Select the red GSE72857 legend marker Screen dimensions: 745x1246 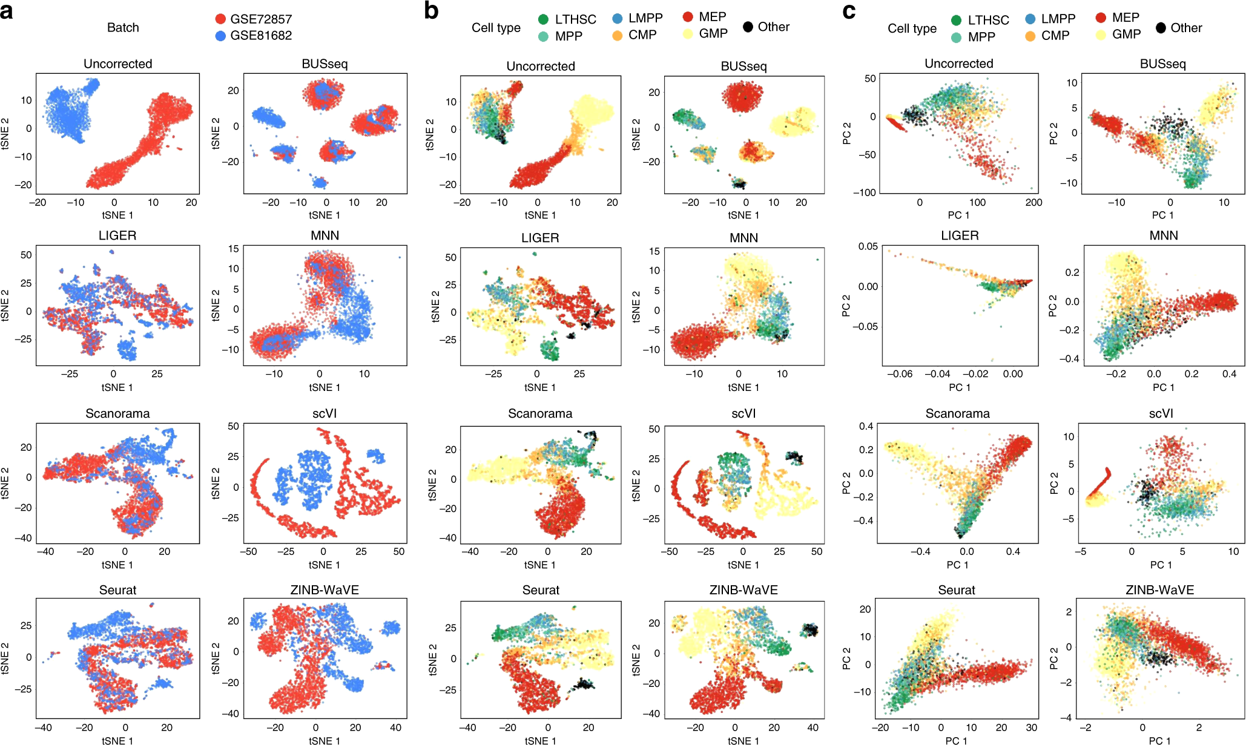[220, 19]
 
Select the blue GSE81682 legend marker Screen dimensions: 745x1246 [220, 36]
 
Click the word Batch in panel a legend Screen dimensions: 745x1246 [123, 27]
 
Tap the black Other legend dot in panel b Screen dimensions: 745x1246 [748, 27]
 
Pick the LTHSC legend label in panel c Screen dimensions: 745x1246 [988, 20]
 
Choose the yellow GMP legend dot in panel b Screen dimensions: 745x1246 [688, 34]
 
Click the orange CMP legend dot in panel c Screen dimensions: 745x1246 [1030, 36]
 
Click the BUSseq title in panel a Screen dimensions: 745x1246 [325, 64]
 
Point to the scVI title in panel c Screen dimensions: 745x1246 [1161, 413]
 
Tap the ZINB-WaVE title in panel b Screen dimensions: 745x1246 [743, 590]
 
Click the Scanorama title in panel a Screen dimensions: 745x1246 [117, 413]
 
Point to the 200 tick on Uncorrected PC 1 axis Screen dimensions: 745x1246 [1033, 203]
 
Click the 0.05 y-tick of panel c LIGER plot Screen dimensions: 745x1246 [868, 246]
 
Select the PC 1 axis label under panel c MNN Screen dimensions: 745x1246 [1163, 387]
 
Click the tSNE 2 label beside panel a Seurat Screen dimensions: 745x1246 [6, 658]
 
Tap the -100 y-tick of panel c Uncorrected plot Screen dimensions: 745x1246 [865, 192]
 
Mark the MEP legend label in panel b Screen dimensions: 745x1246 [713, 17]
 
